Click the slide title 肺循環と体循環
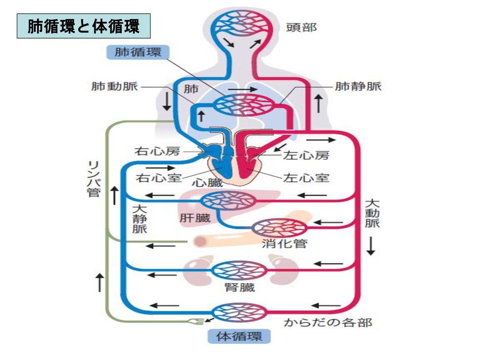point(83,26)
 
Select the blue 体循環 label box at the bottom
point(239,336)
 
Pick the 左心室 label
point(306,178)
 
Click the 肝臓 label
point(195,218)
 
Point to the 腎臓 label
point(240,287)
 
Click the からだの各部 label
point(328,322)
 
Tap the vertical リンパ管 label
point(94,179)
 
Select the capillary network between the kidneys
point(240,270)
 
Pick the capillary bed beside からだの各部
point(239,312)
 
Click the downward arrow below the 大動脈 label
point(371,246)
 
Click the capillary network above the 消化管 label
point(280,228)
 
